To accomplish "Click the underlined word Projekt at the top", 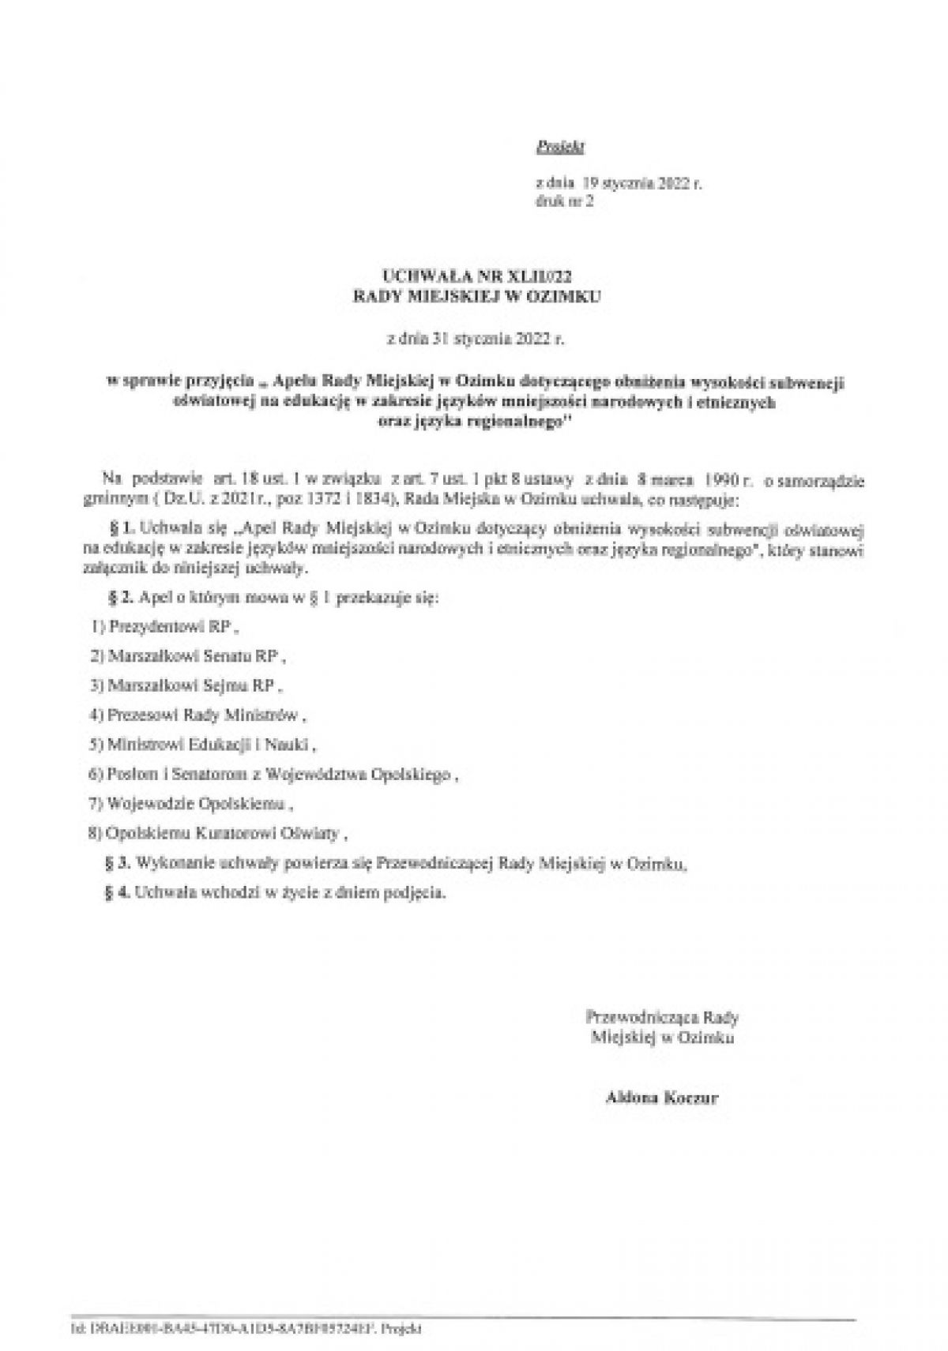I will tap(559, 146).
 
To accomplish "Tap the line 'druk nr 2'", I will tap(564, 201).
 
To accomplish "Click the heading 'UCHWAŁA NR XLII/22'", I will tap(476, 277).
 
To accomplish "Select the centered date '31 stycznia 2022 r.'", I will tap(476, 340).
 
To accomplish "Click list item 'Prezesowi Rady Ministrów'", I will tap(197, 715).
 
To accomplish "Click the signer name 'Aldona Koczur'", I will tap(661, 1098).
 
